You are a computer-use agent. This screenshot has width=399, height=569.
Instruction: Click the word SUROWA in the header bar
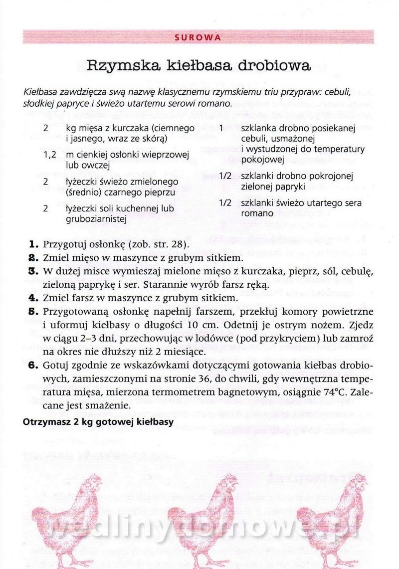coord(199,37)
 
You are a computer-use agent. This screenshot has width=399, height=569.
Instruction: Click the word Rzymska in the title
coord(118,65)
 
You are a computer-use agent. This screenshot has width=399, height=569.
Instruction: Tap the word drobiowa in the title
coord(272,65)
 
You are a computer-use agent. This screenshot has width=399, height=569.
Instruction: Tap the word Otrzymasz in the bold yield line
coord(45,422)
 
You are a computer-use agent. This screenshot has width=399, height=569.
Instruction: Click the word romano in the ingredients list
coord(255,214)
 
